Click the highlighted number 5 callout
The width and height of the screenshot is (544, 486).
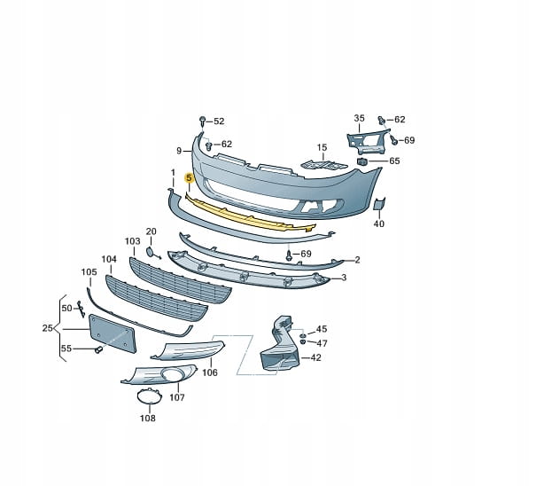[x=189, y=178]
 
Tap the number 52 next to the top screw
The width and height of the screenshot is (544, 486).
[x=219, y=121]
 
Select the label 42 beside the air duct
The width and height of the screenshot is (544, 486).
[x=316, y=358]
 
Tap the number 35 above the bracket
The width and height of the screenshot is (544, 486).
[x=359, y=118]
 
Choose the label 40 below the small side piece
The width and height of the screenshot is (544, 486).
[x=379, y=224]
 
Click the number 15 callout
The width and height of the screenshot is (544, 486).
[x=323, y=147]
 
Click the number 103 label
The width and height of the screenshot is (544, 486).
[x=132, y=241]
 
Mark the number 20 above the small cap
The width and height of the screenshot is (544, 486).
[x=151, y=231]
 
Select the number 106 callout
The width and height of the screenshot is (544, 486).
[x=210, y=373]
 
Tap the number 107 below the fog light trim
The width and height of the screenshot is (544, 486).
[x=176, y=398]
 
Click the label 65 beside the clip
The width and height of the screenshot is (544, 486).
[x=394, y=161]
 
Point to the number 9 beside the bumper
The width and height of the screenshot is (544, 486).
[x=178, y=151]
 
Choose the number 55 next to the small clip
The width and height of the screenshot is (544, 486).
[x=66, y=348]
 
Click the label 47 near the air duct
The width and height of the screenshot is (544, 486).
[x=322, y=343]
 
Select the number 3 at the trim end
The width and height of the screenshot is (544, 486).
[x=345, y=278]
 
